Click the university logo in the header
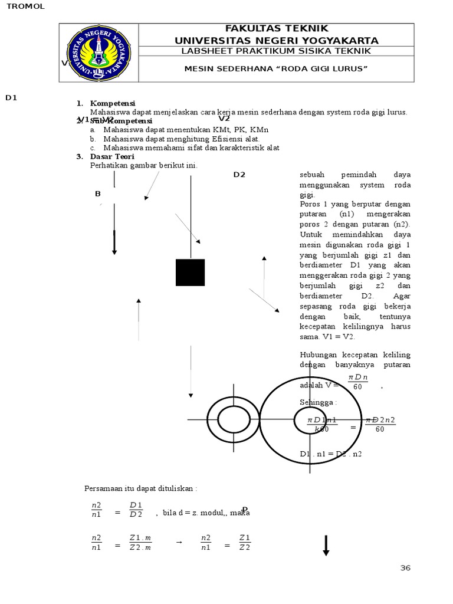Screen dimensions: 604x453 point(99,53)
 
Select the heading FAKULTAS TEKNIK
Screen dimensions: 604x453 point(276,29)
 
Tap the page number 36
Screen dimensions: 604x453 point(405,568)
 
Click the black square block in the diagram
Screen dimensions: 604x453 point(190,273)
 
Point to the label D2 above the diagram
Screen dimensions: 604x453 point(239,175)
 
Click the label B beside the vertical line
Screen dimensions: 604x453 point(98,194)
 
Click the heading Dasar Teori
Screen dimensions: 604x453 point(112,156)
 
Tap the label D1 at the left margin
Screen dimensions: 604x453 point(11,98)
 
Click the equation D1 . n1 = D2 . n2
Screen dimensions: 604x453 point(330,454)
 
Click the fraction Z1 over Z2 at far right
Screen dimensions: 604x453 point(245,542)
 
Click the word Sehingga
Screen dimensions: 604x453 point(318,402)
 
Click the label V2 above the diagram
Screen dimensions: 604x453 point(224,119)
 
